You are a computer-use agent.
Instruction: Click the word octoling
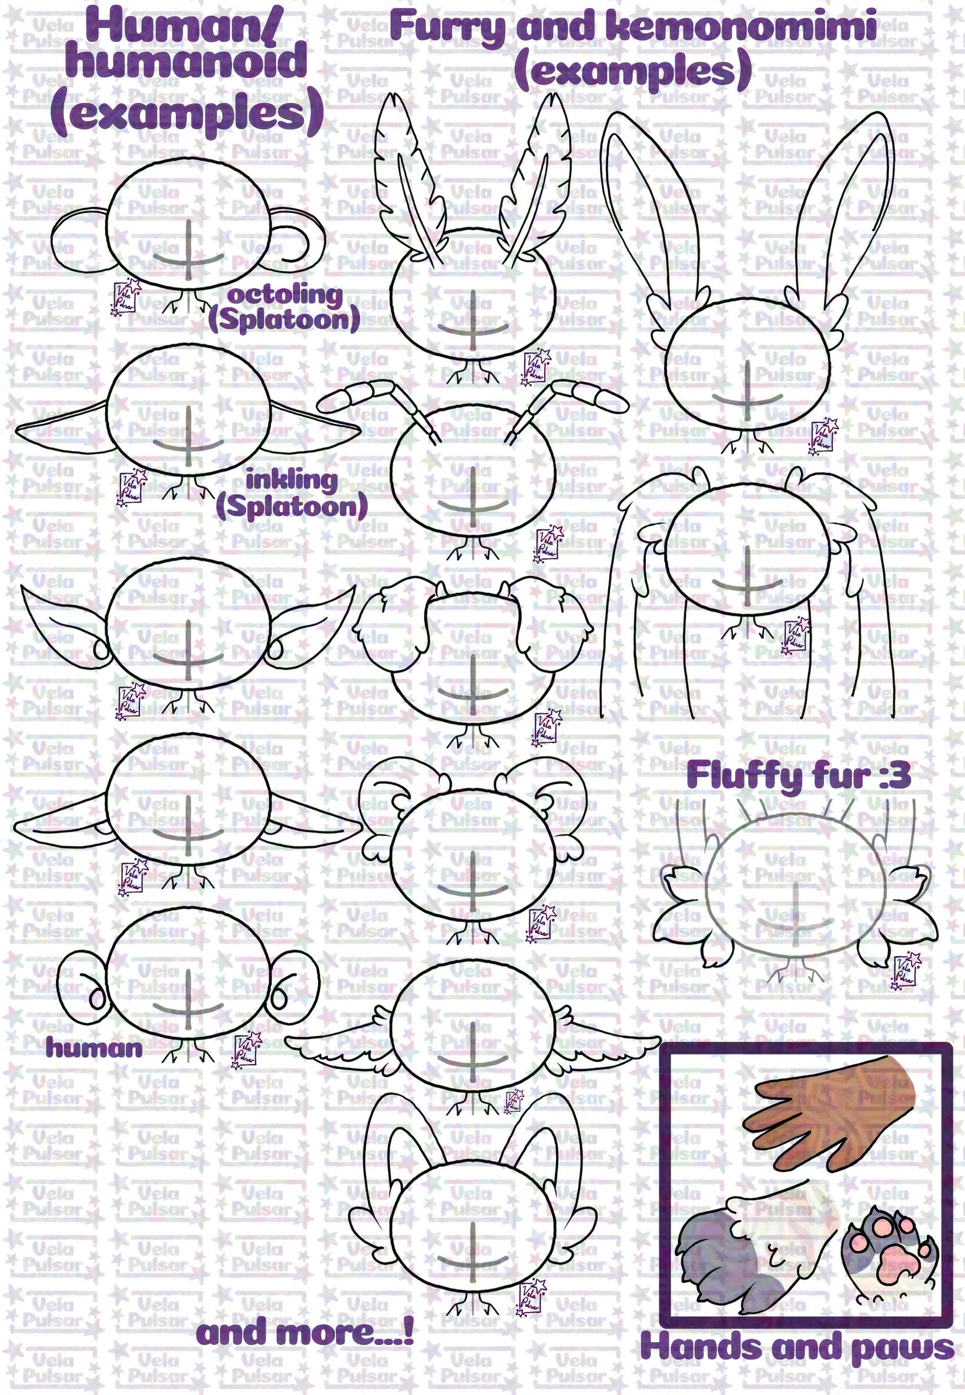point(284,297)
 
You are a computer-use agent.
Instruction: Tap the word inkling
point(291,481)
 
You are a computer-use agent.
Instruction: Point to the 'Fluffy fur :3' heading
point(798,776)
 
